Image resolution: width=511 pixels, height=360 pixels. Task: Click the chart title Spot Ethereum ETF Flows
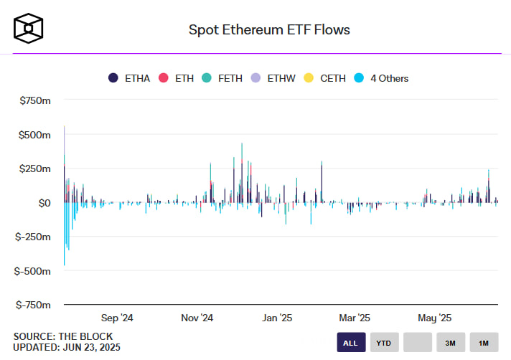point(269,29)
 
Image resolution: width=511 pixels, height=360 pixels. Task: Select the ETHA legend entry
point(129,77)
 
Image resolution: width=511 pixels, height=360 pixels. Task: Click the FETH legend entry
point(240,77)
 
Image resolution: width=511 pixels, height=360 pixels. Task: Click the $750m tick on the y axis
point(33,100)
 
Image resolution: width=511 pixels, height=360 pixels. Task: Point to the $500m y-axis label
point(33,135)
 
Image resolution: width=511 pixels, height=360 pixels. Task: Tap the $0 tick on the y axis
point(43,203)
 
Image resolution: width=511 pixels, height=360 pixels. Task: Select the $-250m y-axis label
point(32,237)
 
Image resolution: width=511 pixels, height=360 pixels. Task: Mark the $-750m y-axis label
point(32,305)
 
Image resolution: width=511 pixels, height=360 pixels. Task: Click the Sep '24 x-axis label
point(117,318)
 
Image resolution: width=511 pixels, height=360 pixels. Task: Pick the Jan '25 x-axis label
point(276,318)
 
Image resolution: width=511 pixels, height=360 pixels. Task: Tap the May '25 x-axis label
point(433,318)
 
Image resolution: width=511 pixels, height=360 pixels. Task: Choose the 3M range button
point(450,343)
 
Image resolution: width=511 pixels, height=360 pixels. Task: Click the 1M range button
point(484,343)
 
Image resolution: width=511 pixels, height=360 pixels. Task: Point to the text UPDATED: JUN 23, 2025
point(67,347)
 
